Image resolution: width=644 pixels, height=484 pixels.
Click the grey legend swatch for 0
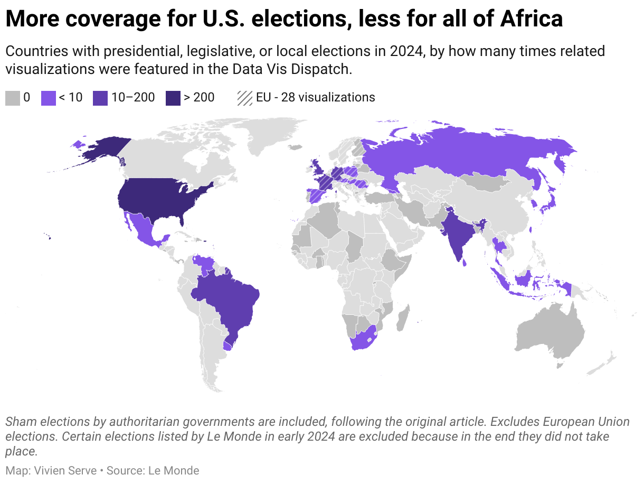[x=13, y=98]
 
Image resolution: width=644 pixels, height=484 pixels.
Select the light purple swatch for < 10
[x=49, y=98]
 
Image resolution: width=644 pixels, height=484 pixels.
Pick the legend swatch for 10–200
[x=100, y=98]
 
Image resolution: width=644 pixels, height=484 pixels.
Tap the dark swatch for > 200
[x=173, y=98]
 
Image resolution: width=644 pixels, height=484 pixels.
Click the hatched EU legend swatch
[x=244, y=98]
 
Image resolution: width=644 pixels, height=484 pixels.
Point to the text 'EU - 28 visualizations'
[x=315, y=98]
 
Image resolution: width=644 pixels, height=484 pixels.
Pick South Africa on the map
[x=361, y=338]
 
